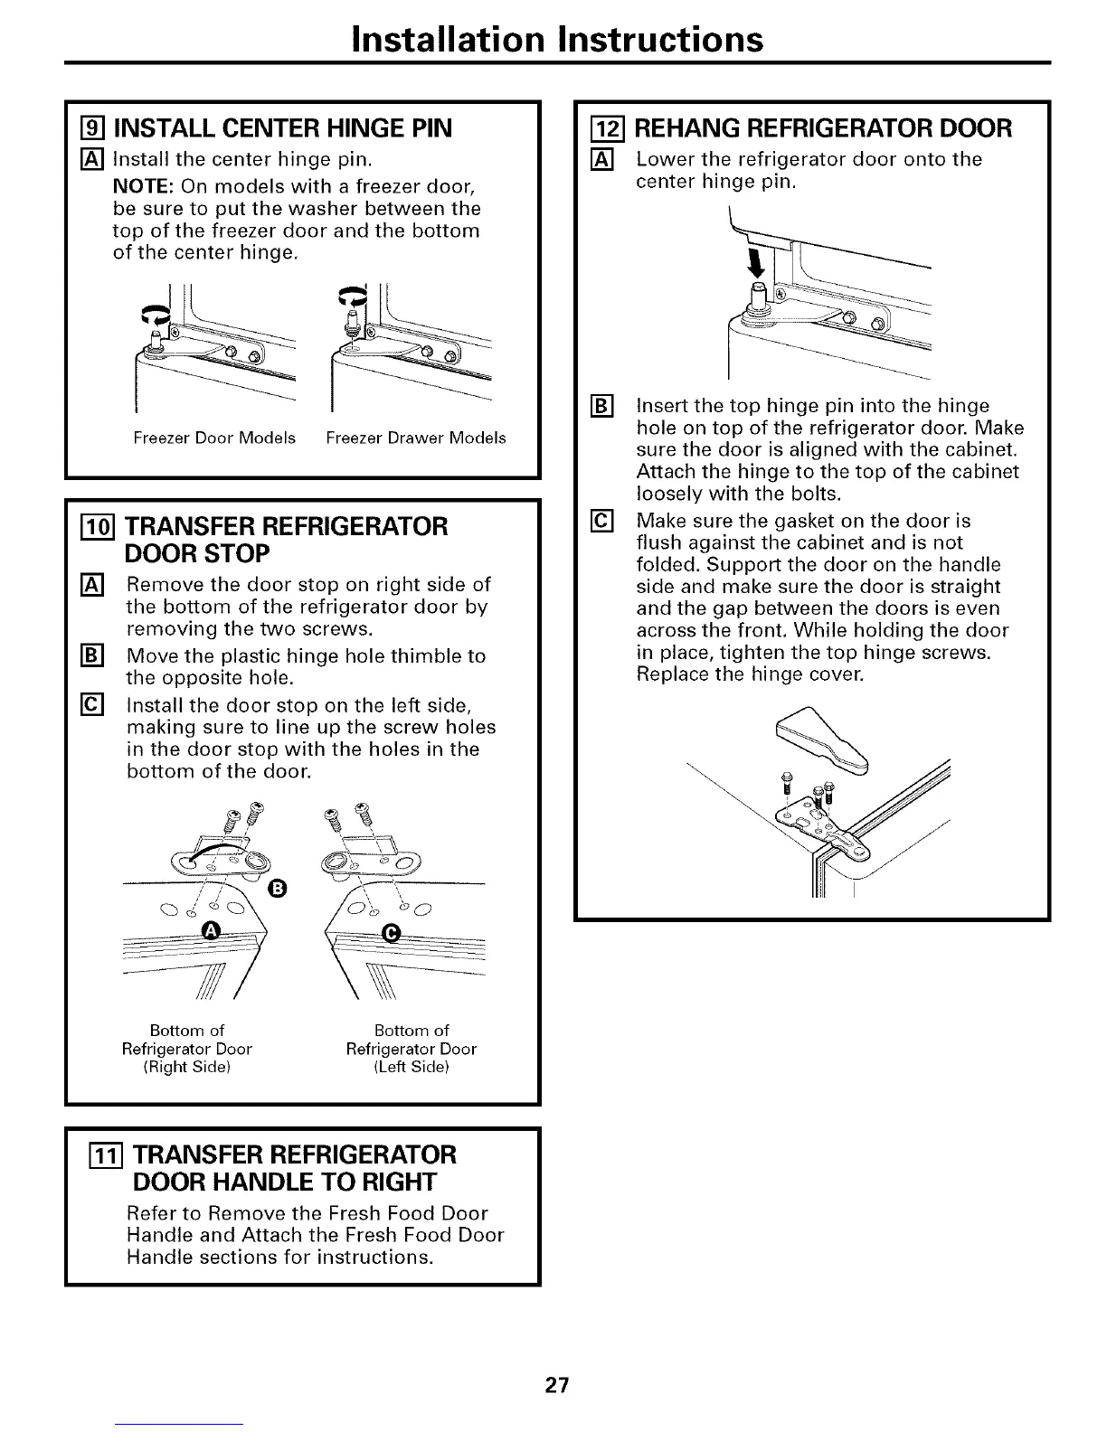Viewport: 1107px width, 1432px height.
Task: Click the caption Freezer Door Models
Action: click(214, 438)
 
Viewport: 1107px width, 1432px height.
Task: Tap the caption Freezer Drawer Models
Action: click(416, 438)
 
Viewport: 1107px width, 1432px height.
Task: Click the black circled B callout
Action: click(278, 887)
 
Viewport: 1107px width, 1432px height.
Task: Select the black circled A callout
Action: click(213, 932)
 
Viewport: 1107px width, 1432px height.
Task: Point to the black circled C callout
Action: click(392, 932)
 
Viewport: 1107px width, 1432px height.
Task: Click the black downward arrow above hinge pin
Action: click(758, 265)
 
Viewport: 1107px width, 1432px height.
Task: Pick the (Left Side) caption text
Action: click(412, 1068)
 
